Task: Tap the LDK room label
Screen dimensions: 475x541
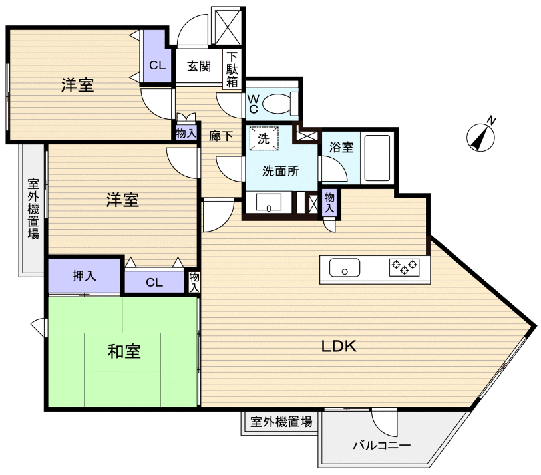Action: (x=339, y=346)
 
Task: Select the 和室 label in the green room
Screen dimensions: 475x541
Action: (x=124, y=351)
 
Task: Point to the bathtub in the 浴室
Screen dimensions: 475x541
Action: (x=377, y=159)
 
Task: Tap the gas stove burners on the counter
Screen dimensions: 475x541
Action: (x=404, y=267)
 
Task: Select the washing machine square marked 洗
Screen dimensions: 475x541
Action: (x=263, y=140)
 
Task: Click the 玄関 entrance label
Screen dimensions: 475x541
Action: (x=198, y=66)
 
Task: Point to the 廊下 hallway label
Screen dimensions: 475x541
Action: (x=221, y=136)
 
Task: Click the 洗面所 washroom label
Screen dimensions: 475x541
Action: (x=280, y=170)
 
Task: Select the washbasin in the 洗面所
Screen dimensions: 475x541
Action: (x=269, y=202)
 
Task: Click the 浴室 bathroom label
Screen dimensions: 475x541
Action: (x=341, y=148)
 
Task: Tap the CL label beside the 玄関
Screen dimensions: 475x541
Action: (x=158, y=65)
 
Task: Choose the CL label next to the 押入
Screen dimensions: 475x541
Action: (x=154, y=283)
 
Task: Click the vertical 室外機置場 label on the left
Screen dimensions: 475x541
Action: (x=33, y=209)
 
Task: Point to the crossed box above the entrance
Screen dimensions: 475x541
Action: (x=228, y=27)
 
